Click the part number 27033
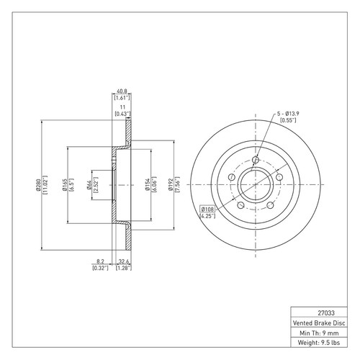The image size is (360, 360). [326, 313]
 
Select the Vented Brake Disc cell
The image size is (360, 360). [319, 323]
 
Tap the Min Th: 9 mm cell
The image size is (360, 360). [319, 333]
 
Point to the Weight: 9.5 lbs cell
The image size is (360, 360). [319, 343]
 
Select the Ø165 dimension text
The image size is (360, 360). [64, 185]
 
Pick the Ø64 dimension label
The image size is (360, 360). [89, 185]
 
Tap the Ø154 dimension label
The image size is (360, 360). [147, 184]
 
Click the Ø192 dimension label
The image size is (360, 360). [171, 184]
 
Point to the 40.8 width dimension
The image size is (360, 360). [122, 91]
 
